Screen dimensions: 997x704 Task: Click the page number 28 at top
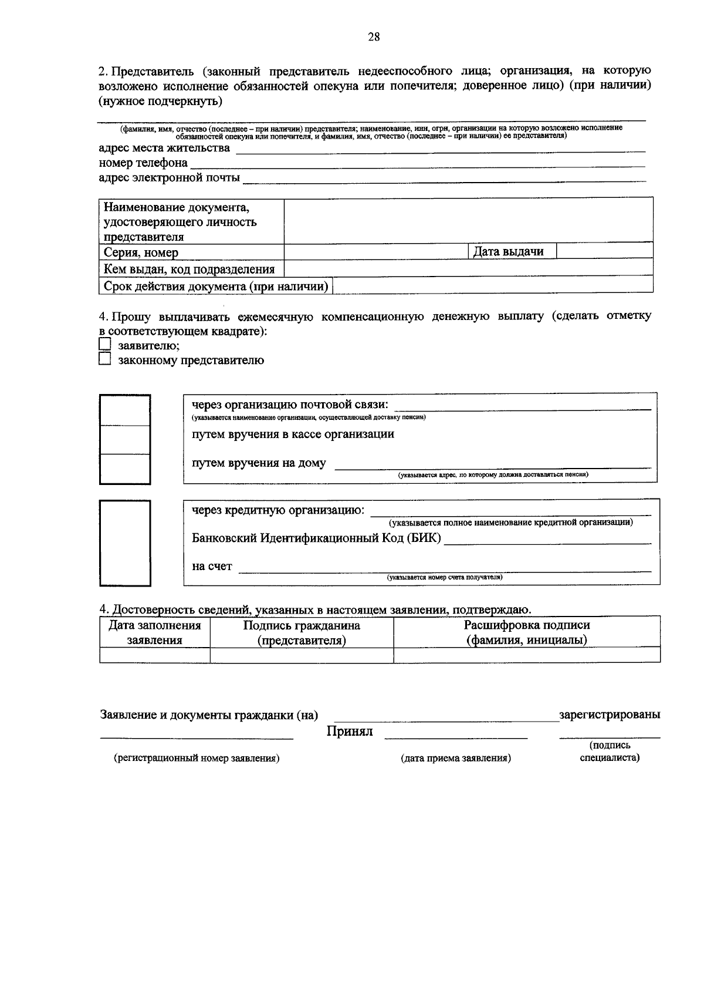coord(374,38)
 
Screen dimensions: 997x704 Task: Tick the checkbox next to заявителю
coord(104,345)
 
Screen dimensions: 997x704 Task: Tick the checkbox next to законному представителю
coord(104,359)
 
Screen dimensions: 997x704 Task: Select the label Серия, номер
coord(141,253)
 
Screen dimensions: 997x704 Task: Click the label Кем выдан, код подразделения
coord(189,270)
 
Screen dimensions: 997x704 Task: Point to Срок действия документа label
coord(215,287)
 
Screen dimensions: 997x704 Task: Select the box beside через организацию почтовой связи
coord(125,410)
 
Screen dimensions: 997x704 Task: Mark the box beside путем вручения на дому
coord(125,469)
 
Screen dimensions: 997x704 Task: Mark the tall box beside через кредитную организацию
coord(125,543)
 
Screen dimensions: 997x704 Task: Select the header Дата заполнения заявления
coord(155,632)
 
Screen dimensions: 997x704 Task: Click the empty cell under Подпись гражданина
coord(302,655)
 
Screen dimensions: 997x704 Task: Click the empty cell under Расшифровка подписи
coord(526,655)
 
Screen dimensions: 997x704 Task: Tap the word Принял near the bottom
coord(350,732)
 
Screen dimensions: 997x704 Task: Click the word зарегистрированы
coord(610,715)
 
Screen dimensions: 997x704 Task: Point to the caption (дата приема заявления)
coord(456,758)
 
